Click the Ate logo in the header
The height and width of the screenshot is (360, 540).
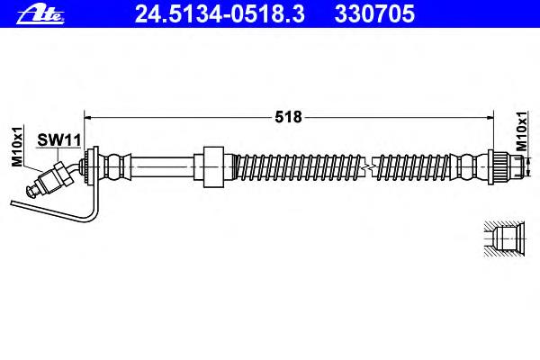point(40,14)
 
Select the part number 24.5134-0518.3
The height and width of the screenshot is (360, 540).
point(220,13)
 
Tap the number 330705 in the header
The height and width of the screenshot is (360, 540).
point(374,13)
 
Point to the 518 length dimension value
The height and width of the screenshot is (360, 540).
point(288,117)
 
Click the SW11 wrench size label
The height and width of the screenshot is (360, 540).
point(58,140)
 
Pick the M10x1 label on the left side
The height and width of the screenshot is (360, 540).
point(17,146)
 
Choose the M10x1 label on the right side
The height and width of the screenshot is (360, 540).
point(521,131)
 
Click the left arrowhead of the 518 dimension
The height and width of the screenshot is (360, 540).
point(88,118)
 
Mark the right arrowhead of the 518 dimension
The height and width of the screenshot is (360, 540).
point(490,118)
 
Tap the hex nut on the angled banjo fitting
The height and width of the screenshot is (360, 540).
point(63,174)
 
